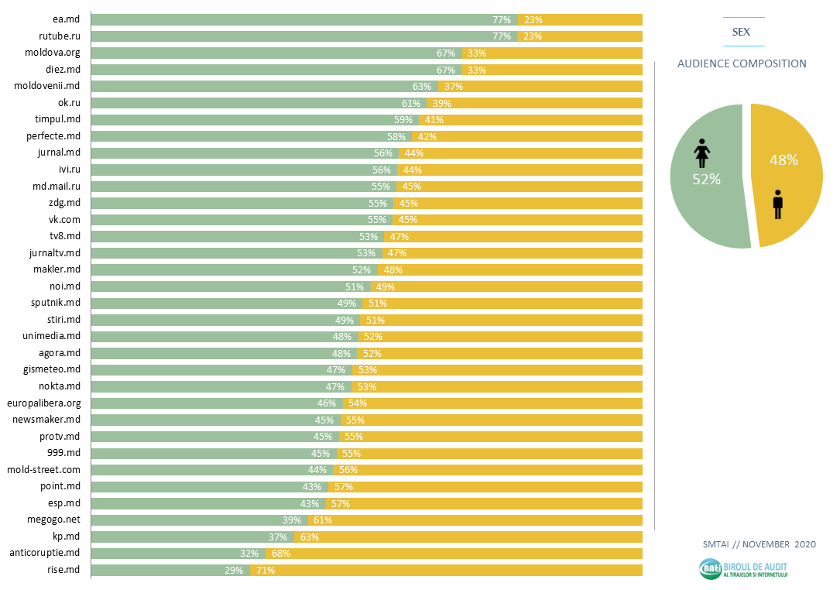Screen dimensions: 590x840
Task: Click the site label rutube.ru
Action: click(x=60, y=36)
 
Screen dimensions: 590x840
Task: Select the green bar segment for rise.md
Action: click(x=155, y=571)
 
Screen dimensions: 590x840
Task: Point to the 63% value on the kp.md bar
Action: click(x=310, y=537)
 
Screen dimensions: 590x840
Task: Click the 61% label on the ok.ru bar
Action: click(x=410, y=103)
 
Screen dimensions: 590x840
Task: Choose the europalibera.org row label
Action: click(x=43, y=403)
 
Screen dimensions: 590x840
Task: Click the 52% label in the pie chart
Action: click(x=706, y=179)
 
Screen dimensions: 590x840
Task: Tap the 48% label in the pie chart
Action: click(x=783, y=160)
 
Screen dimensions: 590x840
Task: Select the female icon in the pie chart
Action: click(x=701, y=153)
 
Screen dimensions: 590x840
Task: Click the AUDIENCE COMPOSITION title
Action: click(x=742, y=63)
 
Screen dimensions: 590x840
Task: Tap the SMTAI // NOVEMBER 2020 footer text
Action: click(x=759, y=544)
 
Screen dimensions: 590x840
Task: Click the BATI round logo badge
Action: click(x=710, y=569)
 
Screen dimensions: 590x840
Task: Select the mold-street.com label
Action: click(x=43, y=470)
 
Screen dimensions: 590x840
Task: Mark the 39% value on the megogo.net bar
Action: click(x=292, y=520)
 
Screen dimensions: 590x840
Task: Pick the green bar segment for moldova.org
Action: click(x=263, y=53)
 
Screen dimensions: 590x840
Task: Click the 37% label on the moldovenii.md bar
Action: click(x=453, y=86)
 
